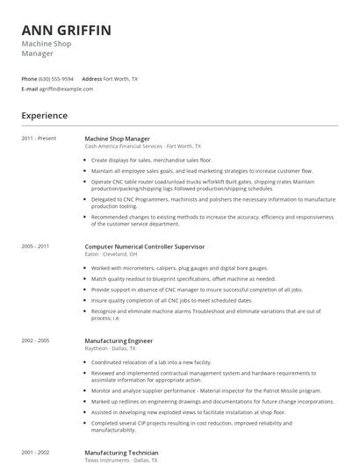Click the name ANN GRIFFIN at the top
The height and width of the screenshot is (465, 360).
tap(66, 31)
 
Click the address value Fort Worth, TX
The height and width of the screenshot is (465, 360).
tap(120, 78)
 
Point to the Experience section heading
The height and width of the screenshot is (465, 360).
tap(44, 116)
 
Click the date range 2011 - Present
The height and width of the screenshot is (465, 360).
tap(39, 139)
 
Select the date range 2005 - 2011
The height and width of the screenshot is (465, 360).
tap(37, 247)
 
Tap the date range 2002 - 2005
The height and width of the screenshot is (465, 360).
tap(37, 340)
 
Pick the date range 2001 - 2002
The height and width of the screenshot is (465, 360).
tap(37, 453)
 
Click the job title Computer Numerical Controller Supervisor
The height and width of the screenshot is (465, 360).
tap(144, 247)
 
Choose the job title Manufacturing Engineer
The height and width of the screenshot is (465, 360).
tap(119, 340)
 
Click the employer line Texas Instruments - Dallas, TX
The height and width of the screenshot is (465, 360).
tap(121, 460)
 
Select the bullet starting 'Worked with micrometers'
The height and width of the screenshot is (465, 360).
tap(167, 268)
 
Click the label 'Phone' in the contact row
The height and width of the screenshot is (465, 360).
tap(29, 78)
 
